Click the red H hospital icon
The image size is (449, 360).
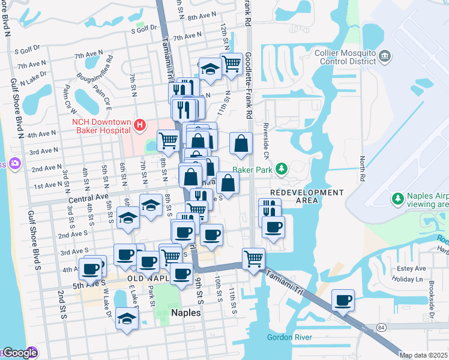(140, 125)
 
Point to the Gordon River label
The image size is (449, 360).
(289, 337)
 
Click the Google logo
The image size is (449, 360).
(20, 353)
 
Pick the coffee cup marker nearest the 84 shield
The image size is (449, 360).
(343, 299)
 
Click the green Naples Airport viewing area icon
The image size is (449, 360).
(397, 198)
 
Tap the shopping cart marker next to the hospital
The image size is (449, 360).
(169, 140)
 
